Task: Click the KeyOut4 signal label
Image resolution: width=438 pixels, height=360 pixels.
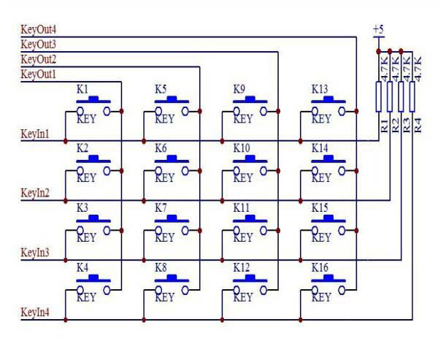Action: pyautogui.click(x=38, y=30)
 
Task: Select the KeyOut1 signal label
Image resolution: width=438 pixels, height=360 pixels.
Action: pyautogui.click(x=38, y=74)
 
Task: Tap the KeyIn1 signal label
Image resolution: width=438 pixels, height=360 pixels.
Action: pyautogui.click(x=35, y=134)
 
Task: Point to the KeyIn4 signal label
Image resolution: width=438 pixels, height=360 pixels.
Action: pyautogui.click(x=35, y=313)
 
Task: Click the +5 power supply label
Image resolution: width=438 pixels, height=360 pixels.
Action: pyautogui.click(x=378, y=29)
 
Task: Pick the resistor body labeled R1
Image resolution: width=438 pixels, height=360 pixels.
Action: pyautogui.click(x=378, y=96)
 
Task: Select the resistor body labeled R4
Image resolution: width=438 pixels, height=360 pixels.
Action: pyautogui.click(x=412, y=96)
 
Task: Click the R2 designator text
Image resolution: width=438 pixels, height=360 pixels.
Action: pyautogui.click(x=395, y=126)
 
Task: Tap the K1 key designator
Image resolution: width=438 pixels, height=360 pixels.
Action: pyautogui.click(x=82, y=89)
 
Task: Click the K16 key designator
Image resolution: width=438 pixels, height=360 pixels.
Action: pyautogui.click(x=320, y=268)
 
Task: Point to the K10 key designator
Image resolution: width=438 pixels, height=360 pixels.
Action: pyautogui.click(x=242, y=148)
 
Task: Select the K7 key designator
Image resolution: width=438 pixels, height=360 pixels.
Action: pyautogui.click(x=161, y=208)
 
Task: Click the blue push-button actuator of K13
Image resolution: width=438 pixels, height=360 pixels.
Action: pyautogui.click(x=328, y=100)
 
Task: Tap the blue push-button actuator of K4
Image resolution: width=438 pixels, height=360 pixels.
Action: pyautogui.click(x=93, y=279)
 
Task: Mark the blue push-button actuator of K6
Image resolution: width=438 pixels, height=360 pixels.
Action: pyautogui.click(x=172, y=159)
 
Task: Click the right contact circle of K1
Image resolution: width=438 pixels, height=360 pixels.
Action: pyautogui.click(x=107, y=111)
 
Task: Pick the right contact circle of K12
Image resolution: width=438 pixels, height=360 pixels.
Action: pyautogui.click(x=264, y=291)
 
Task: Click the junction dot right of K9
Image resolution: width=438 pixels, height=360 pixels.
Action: pyautogui.click(x=278, y=111)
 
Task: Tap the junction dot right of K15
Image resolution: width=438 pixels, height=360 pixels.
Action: pyautogui.click(x=356, y=231)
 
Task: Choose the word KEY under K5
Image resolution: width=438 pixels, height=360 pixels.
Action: pyautogui.click(x=165, y=119)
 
